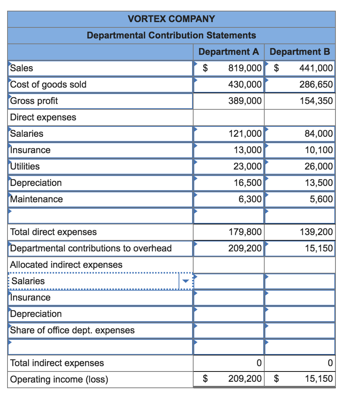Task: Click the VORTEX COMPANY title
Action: (171, 19)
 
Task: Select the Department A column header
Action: (229, 52)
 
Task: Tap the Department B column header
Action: (300, 52)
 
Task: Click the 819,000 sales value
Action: (245, 68)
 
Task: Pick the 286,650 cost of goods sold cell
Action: (316, 84)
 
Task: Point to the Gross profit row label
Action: (34, 101)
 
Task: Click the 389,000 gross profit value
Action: (245, 101)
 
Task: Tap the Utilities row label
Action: (25, 167)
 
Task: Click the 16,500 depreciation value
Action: (247, 183)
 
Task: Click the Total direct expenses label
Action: (53, 232)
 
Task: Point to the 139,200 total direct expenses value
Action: (316, 232)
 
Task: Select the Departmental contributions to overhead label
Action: (91, 248)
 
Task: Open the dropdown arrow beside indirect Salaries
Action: (185, 281)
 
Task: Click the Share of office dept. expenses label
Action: (72, 330)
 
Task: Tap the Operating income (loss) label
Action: (59, 379)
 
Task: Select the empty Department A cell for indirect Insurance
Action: (229, 297)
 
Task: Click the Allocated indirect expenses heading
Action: (66, 264)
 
